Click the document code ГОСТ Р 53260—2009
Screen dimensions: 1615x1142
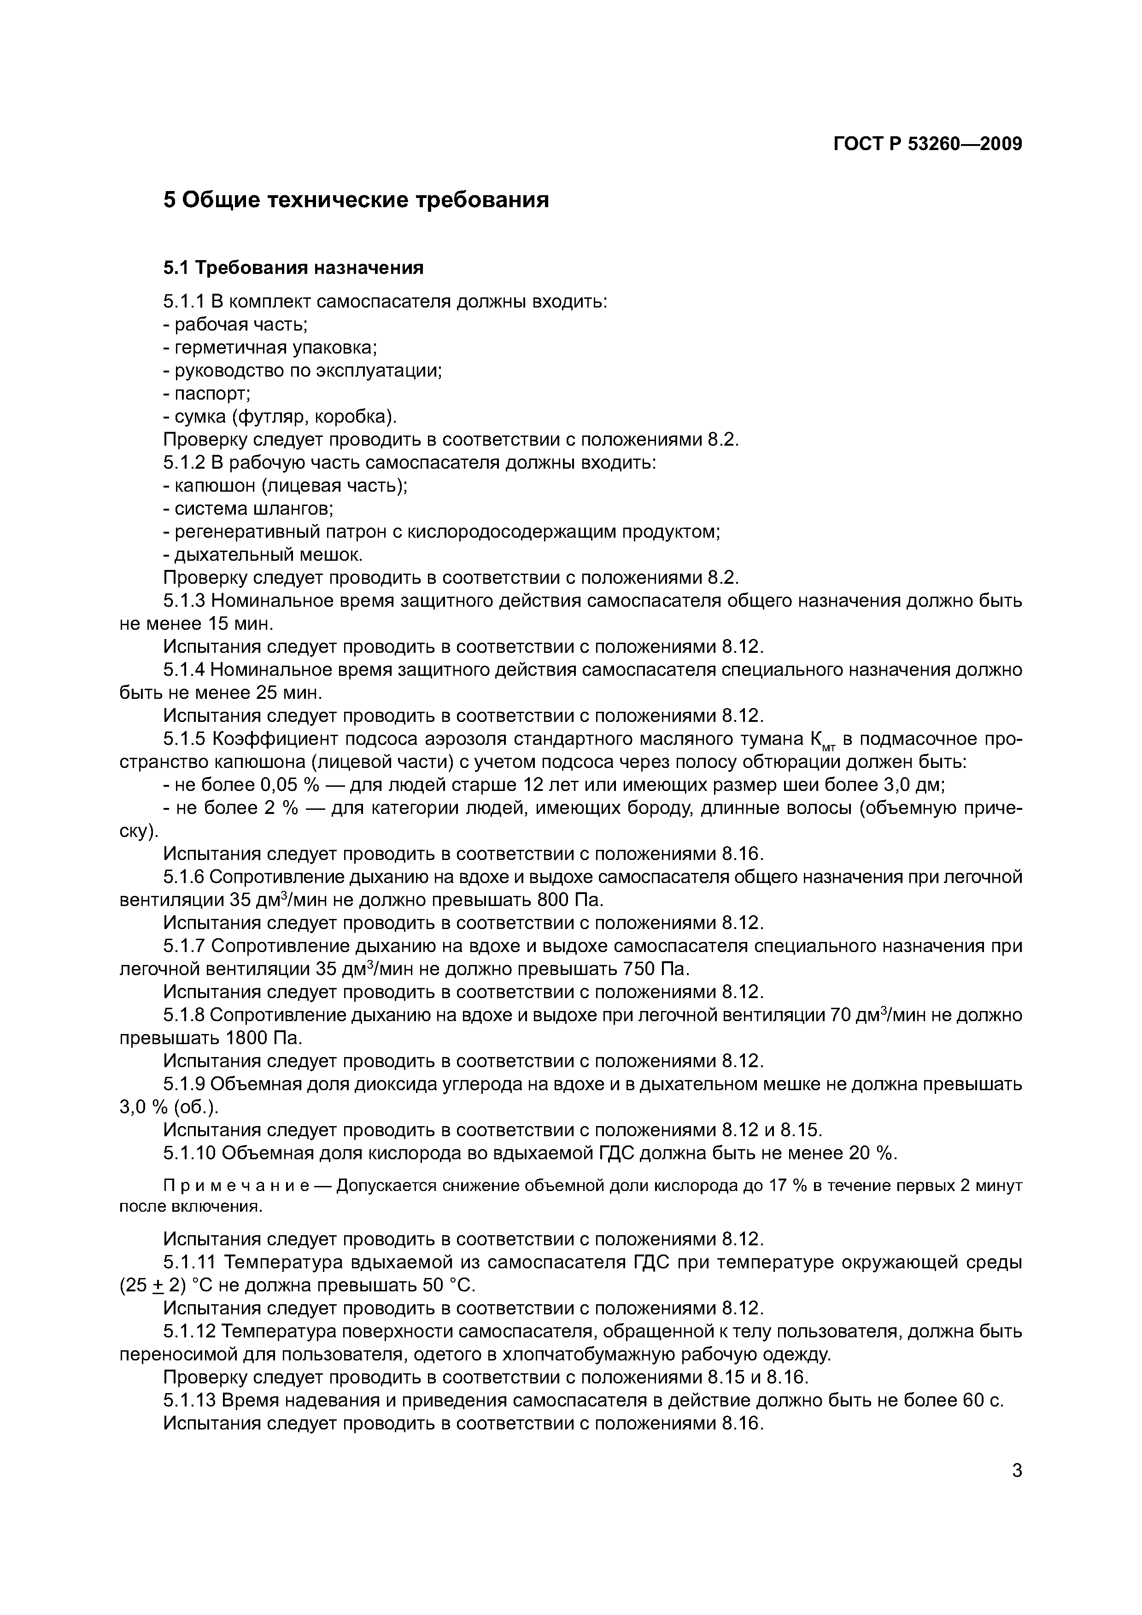point(927,144)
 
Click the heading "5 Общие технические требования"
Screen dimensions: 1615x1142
point(356,200)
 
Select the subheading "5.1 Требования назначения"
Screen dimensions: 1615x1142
point(293,268)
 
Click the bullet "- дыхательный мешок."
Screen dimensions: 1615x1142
point(263,555)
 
